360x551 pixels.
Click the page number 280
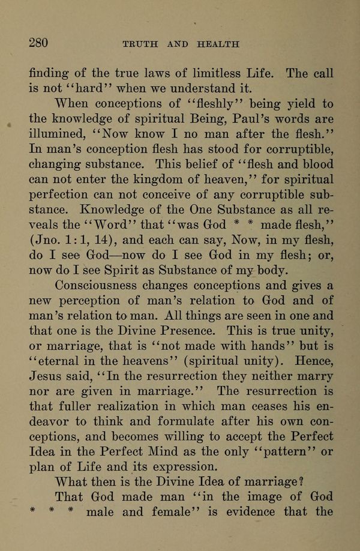click(x=38, y=43)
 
